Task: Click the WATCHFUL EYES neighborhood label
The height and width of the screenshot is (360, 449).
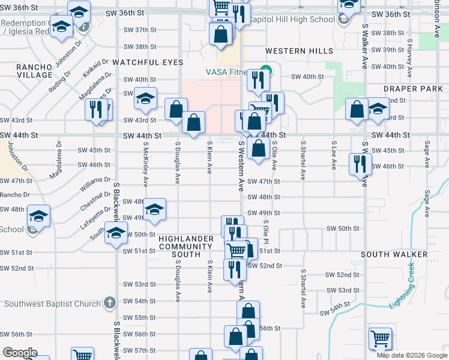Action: click(x=148, y=62)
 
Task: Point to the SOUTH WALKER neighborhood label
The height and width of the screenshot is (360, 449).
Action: click(x=394, y=254)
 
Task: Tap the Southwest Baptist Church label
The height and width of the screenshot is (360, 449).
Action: click(x=52, y=304)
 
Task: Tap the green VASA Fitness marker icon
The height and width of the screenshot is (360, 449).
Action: click(x=265, y=73)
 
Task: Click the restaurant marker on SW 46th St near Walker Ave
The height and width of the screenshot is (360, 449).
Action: click(x=360, y=163)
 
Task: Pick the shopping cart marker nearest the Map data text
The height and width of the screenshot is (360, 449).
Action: click(x=379, y=339)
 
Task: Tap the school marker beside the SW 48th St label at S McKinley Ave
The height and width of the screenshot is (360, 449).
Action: click(x=154, y=209)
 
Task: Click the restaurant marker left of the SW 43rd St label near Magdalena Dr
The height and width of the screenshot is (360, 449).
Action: click(x=95, y=110)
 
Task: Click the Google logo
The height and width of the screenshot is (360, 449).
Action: click(x=19, y=353)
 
